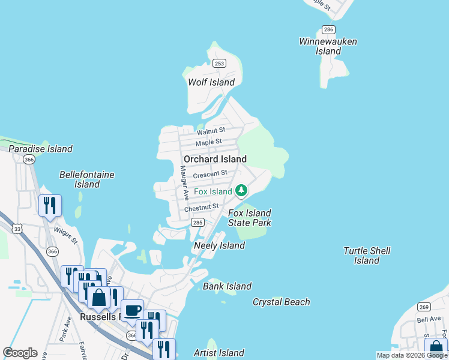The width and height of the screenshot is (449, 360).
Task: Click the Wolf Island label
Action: point(211,82)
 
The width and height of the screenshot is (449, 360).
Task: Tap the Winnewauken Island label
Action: point(328,46)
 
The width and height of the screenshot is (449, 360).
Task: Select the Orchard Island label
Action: point(215,159)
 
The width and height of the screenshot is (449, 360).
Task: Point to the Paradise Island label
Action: point(40,149)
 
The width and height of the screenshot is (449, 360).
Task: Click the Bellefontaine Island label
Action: point(87,179)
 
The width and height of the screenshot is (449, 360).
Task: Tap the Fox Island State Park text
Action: point(250,218)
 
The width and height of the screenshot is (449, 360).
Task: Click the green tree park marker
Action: point(241,191)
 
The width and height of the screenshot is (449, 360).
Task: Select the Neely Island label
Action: point(219,245)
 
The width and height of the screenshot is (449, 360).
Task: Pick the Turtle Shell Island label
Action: point(367,256)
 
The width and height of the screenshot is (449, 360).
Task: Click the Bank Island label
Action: point(227,286)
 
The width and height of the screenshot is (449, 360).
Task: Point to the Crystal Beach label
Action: point(282,302)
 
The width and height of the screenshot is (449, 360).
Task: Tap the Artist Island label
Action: point(218,353)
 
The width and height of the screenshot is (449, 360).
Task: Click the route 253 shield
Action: point(220,63)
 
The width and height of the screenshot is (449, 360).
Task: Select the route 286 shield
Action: point(328,29)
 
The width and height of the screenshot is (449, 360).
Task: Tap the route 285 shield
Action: point(197,223)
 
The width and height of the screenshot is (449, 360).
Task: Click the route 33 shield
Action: point(17,229)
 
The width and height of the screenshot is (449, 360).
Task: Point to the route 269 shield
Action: point(424,307)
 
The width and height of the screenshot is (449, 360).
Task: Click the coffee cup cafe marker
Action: point(133,311)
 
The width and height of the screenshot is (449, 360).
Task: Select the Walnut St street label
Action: point(210,130)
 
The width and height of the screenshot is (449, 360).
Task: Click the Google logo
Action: point(20,353)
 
